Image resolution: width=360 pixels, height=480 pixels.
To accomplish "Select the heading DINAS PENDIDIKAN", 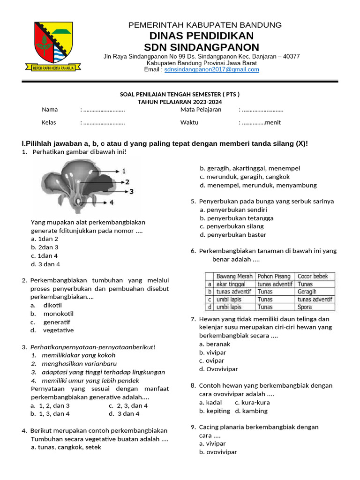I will point(202,36).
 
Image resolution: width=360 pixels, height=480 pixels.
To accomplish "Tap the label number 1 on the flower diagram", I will point(124,172).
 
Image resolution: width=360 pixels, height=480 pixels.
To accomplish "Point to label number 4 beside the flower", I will point(111,202).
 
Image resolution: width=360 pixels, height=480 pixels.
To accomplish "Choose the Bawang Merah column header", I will point(234,277).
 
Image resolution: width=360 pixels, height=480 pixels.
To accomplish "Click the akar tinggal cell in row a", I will point(231,284).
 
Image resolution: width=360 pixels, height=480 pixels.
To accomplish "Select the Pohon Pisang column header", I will point(274,277).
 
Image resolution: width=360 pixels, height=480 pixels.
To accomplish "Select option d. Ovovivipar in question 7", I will point(218,369).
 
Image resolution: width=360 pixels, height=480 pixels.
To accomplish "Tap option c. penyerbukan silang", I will point(232,226).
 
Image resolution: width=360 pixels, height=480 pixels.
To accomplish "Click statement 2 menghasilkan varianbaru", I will point(74,363).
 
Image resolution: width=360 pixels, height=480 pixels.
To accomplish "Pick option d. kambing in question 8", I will point(251,411).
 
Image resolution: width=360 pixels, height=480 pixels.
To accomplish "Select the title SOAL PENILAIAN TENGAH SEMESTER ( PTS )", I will point(180,94).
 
